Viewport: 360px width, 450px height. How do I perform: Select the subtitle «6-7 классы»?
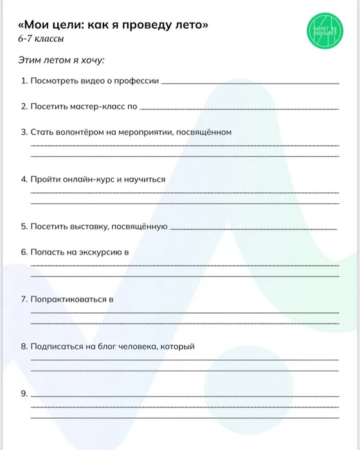pos(42,40)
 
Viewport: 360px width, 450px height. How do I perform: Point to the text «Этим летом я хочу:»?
pos(62,60)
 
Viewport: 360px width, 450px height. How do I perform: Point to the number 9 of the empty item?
pos(24,393)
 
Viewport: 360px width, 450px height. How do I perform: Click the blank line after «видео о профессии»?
pos(250,83)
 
